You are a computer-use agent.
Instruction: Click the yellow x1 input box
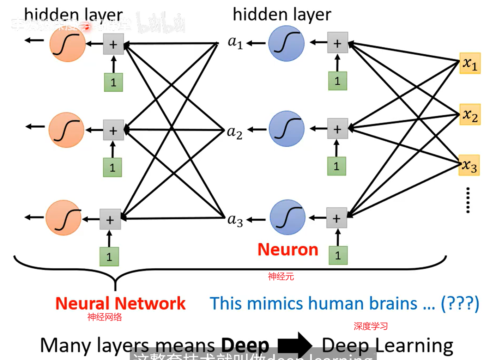tap(470, 63)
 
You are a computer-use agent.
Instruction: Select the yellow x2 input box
tap(470, 115)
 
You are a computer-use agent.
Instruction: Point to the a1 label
tap(235, 43)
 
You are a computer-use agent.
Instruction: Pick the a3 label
tap(235, 220)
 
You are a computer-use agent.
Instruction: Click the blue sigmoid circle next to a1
tap(286, 43)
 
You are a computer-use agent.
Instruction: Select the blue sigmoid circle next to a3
tap(287, 218)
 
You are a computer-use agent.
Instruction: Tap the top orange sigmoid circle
tap(67, 44)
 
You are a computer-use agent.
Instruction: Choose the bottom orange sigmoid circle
tap(63, 218)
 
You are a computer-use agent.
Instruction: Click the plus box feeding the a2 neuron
tap(338, 129)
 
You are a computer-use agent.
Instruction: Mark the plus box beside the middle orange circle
tap(113, 130)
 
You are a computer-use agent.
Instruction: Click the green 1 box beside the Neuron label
tap(338, 255)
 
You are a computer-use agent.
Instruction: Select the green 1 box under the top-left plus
tap(113, 83)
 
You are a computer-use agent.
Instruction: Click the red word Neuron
tap(288, 250)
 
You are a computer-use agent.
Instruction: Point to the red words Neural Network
tap(120, 304)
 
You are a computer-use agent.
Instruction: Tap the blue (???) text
tap(460, 304)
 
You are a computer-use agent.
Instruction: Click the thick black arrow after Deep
tap(295, 345)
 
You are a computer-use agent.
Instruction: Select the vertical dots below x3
tap(468, 200)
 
